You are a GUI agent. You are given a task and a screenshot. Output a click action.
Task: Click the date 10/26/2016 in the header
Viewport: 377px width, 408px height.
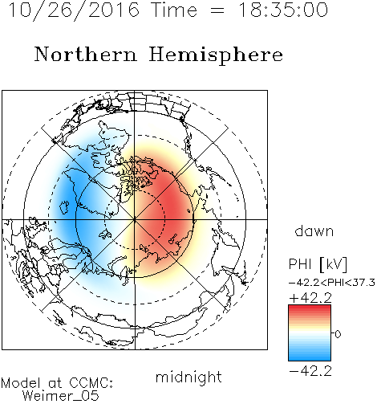click(x=74, y=10)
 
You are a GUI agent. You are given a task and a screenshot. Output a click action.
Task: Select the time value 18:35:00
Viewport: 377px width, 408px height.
click(x=283, y=10)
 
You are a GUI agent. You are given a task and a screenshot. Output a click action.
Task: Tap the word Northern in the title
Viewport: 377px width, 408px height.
click(x=86, y=55)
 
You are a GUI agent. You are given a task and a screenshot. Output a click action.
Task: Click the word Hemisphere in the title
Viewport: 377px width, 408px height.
click(x=216, y=55)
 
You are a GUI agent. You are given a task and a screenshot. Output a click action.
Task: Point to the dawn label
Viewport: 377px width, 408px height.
click(x=314, y=231)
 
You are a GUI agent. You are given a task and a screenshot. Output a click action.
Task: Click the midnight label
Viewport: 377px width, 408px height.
click(x=188, y=377)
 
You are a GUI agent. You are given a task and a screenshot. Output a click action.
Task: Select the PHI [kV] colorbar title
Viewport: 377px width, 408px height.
click(x=318, y=264)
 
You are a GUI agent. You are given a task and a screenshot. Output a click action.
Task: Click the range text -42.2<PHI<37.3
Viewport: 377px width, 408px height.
click(x=332, y=283)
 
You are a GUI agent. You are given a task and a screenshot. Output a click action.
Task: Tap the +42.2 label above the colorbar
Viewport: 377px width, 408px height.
click(x=310, y=298)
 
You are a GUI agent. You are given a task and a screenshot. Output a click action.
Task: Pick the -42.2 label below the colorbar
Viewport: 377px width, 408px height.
click(x=310, y=371)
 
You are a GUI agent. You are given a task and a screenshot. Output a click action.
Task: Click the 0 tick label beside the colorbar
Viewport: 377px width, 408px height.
click(x=338, y=334)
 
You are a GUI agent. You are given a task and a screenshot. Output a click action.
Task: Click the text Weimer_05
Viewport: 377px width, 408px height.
click(x=61, y=396)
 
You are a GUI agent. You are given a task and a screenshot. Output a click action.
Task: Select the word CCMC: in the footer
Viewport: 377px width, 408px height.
click(x=91, y=383)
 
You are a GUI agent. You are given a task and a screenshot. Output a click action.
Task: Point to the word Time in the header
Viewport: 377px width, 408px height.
click(x=174, y=10)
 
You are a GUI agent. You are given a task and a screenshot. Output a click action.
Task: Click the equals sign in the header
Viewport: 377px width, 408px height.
click(x=217, y=10)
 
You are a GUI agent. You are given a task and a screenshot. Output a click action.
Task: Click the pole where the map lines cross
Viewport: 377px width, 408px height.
click(x=135, y=219)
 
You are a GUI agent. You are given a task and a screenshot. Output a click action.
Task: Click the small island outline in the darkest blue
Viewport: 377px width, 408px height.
click(x=64, y=207)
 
